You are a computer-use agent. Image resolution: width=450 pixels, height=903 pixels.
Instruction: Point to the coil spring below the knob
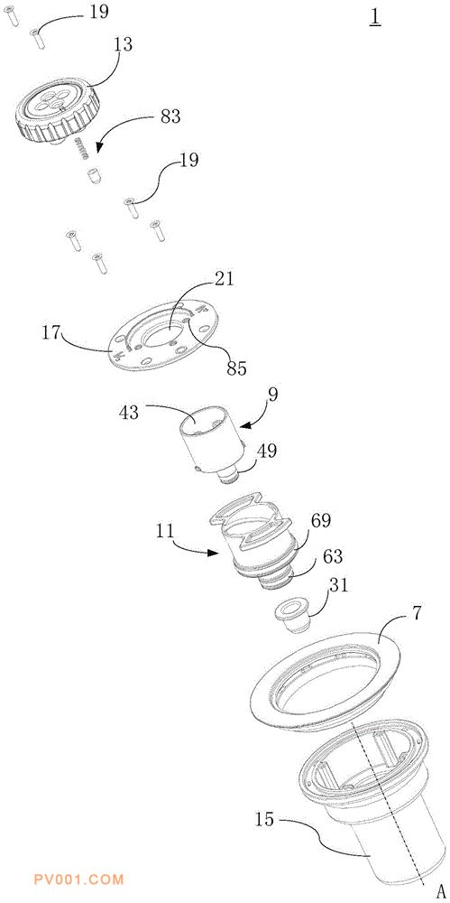[x=82, y=149]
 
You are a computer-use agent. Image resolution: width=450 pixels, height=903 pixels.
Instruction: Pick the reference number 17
[x=51, y=333]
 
